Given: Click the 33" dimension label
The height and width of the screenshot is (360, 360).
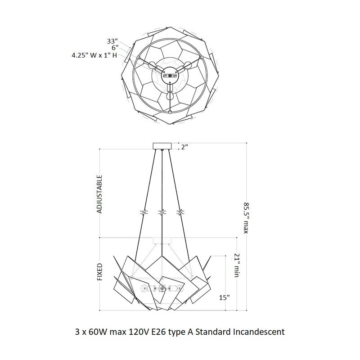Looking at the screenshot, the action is coord(112,41).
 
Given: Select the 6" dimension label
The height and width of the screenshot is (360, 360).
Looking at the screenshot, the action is coord(115,48).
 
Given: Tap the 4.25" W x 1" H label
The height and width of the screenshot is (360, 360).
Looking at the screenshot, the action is coord(94,55).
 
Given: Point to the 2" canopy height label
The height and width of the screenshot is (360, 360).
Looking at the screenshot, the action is coord(184,147).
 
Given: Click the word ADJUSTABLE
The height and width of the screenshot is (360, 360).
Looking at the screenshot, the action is coord(99,194).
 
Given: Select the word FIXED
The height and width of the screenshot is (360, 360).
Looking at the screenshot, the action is coord(99,272).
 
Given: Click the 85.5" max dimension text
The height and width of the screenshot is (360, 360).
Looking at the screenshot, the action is coord(246,218).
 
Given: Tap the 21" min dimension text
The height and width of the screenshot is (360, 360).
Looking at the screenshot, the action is coord(237,265).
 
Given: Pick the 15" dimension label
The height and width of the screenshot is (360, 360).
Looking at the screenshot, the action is coord(224,297).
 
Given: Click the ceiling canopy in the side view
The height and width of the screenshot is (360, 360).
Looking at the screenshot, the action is coord(162,146).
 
